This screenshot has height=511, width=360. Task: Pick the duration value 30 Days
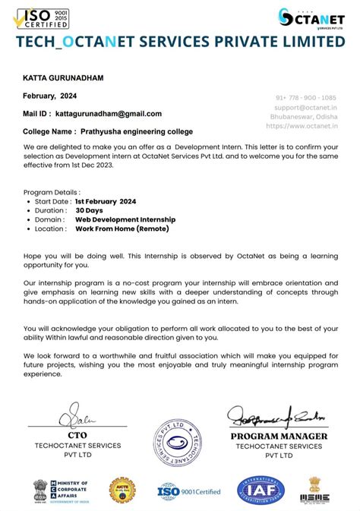coord(89,210)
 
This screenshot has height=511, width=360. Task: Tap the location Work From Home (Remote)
coord(122,229)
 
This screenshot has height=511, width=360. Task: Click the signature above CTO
coord(79,418)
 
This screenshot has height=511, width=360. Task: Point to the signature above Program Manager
coord(277,417)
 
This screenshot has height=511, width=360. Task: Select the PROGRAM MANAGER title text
coord(279,437)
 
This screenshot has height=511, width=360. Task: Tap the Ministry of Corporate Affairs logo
coord(61,490)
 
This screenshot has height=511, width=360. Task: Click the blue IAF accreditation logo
coord(262,490)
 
